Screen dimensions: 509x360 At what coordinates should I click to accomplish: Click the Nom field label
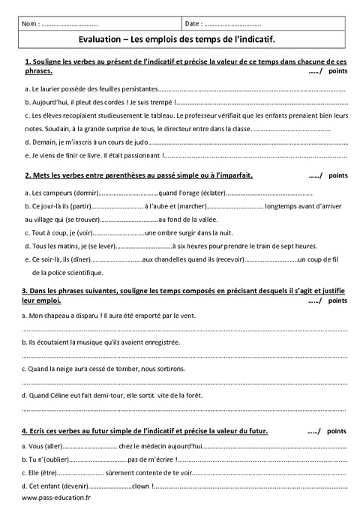click(32, 24)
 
